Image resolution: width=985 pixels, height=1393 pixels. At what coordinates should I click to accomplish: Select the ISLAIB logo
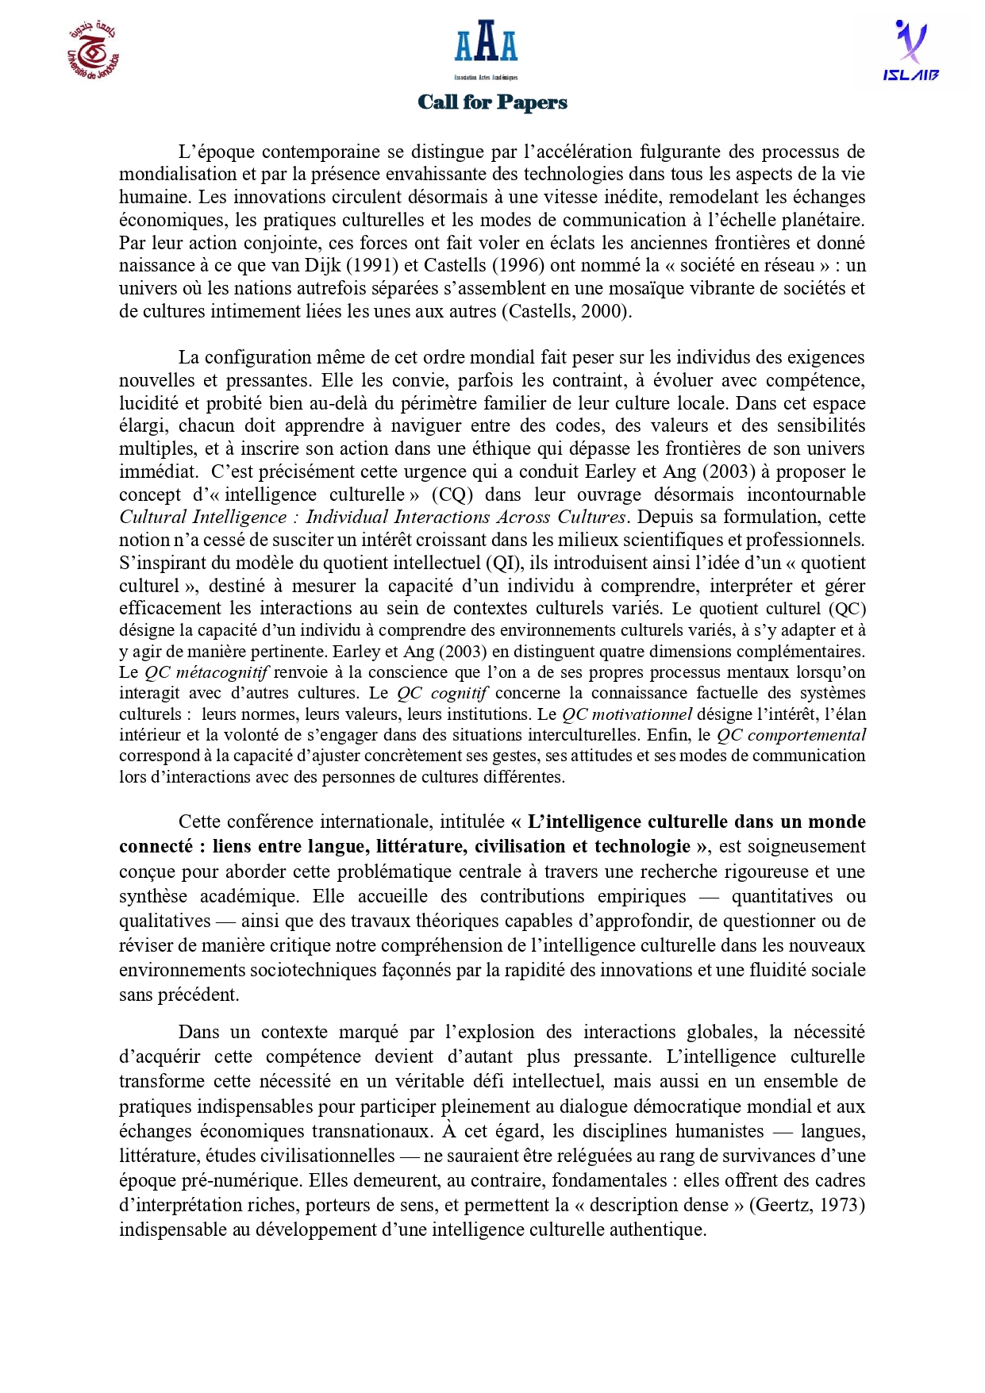pyautogui.click(x=910, y=51)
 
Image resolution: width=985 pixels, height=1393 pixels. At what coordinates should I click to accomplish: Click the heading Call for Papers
pyautogui.click(x=492, y=102)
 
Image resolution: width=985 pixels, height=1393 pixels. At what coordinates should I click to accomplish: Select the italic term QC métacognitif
pyautogui.click(x=206, y=672)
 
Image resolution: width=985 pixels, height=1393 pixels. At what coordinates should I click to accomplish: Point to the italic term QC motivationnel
pyautogui.click(x=627, y=714)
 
